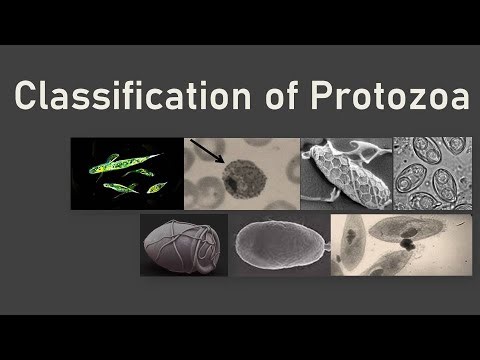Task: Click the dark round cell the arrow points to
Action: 239,177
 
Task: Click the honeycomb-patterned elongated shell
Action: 345,177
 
